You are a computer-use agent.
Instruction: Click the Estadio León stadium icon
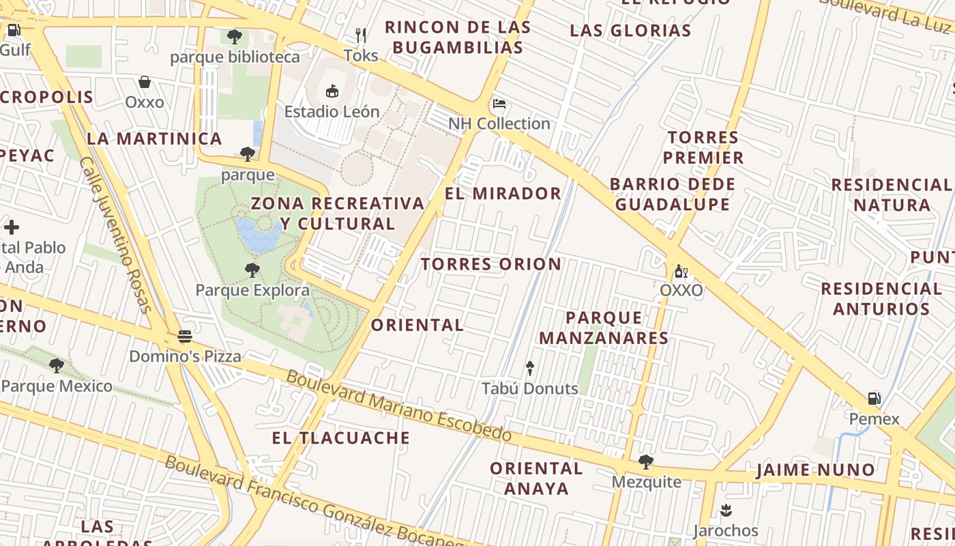pos(332,91)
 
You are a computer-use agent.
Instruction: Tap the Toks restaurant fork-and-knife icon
pos(361,35)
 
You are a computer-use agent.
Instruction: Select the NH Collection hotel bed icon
pos(499,104)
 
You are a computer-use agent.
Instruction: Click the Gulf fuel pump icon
pos(13,29)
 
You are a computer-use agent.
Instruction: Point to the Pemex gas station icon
pos(874,399)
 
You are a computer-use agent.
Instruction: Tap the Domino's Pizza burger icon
pos(184,336)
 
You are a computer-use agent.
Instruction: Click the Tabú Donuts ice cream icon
pos(530,369)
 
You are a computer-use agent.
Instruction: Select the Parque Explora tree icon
pos(252,270)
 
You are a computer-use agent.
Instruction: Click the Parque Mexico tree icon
pos(57,366)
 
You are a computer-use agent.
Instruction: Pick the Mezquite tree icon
pos(645,462)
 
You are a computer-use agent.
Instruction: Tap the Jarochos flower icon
pos(726,511)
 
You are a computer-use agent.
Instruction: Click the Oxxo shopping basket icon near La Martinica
pos(145,82)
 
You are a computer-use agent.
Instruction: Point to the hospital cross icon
pos(12,227)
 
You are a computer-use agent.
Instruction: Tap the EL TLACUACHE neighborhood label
pos(341,438)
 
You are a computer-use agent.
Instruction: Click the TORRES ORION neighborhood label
pos(490,264)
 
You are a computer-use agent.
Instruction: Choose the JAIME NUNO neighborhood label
pos(815,470)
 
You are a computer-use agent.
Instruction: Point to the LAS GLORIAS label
pos(630,31)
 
